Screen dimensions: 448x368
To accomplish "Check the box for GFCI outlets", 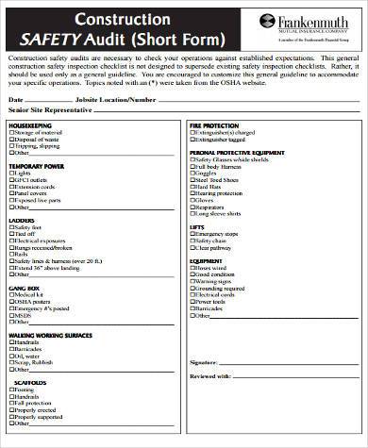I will pyautogui.click(x=11, y=180).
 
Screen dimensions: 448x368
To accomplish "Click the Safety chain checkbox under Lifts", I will pyautogui.click(x=192, y=240).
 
